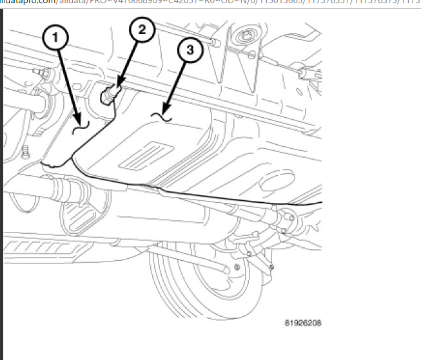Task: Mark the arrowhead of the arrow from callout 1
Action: [79, 118]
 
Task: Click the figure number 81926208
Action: [303, 322]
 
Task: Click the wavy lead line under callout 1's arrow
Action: [81, 126]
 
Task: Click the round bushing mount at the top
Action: [246, 35]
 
